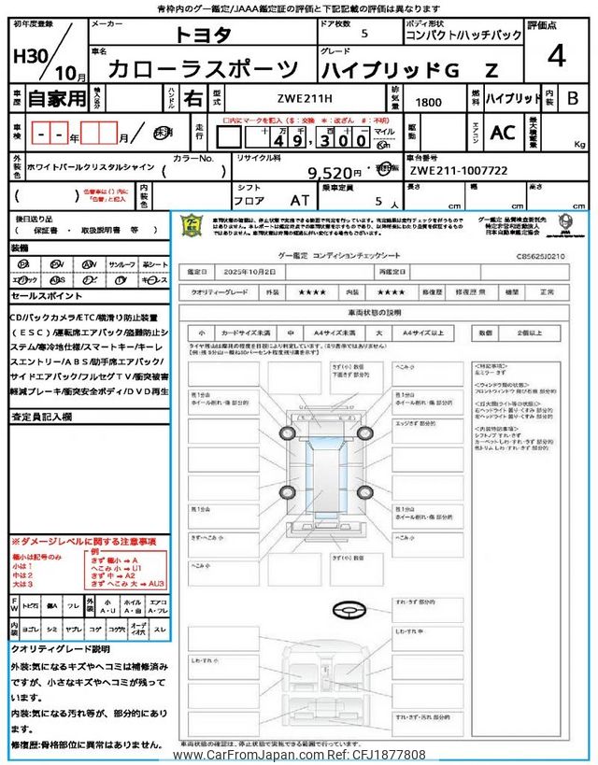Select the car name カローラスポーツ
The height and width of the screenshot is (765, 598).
pyautogui.click(x=203, y=69)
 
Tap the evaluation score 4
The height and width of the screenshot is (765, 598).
pyautogui.click(x=558, y=57)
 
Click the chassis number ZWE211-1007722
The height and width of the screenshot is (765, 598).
pyautogui.click(x=458, y=172)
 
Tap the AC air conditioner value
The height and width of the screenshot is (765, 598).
pyautogui.click(x=503, y=134)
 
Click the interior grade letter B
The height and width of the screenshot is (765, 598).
pyautogui.click(x=573, y=97)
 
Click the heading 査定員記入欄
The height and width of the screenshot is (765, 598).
pyautogui.click(x=42, y=417)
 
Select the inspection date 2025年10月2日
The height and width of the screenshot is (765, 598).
pyautogui.click(x=252, y=271)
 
